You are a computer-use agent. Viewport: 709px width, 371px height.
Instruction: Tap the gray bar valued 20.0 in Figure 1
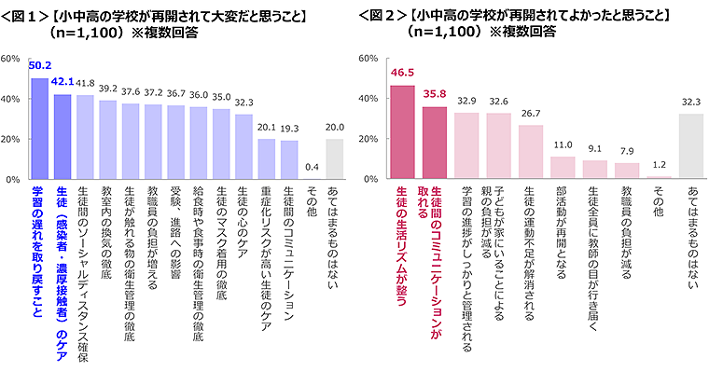click(334, 158)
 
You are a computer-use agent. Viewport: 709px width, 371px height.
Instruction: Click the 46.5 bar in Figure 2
click(402, 131)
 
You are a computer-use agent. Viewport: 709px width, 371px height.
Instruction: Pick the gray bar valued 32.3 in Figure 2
click(691, 146)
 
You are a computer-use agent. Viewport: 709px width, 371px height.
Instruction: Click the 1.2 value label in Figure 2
click(660, 165)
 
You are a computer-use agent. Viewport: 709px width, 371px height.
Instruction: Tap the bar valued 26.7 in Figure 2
click(531, 151)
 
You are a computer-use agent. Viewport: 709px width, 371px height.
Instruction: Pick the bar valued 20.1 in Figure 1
click(266, 158)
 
